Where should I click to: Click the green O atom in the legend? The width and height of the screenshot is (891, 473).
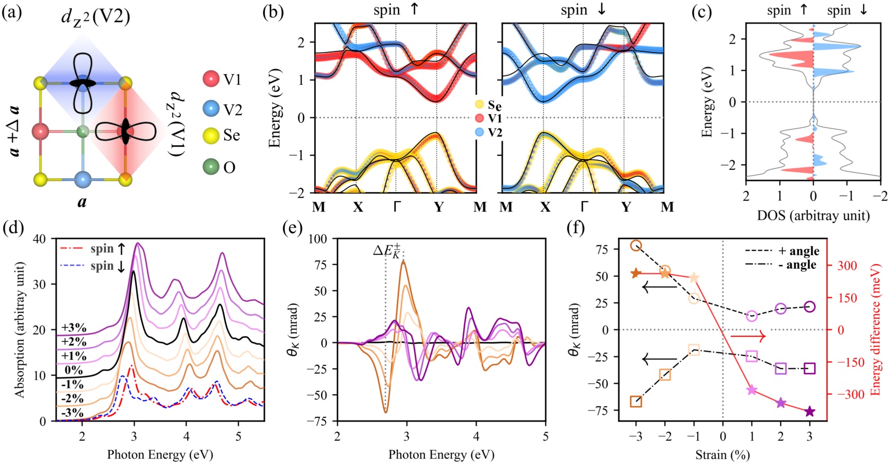[211, 167]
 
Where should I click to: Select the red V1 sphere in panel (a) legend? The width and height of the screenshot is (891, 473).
[211, 79]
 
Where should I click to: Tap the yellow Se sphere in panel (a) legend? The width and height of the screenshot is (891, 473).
[211, 136]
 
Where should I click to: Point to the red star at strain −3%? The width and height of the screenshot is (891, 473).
[636, 273]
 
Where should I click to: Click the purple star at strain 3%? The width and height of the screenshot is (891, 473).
[809, 411]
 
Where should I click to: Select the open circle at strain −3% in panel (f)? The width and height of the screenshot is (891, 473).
[636, 246]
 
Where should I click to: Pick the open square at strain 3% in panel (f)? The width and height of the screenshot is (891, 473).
[809, 369]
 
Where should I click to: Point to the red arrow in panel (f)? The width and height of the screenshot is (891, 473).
[748, 336]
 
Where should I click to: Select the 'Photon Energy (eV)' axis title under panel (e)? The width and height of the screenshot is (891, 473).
[441, 454]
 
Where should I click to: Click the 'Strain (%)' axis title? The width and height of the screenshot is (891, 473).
[722, 454]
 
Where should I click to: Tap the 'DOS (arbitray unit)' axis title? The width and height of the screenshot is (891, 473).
[813, 215]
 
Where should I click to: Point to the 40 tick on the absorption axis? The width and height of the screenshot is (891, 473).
[39, 239]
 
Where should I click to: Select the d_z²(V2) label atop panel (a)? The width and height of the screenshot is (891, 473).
[95, 17]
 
